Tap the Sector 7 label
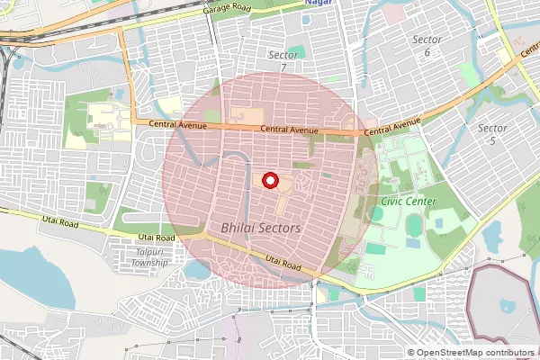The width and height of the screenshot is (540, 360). tap(283, 60)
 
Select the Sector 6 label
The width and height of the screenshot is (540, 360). tap(427, 46)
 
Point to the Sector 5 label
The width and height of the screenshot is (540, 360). tap(492, 134)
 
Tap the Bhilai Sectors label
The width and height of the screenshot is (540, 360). tap(261, 229)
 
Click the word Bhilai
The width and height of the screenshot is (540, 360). tap(238, 229)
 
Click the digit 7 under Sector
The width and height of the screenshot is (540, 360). tap(283, 67)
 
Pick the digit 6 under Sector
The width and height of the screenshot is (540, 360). tap(427, 52)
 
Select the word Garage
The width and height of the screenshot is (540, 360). tap(217, 9)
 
